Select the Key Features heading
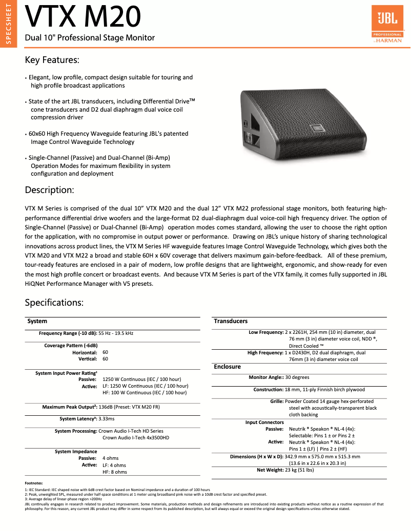tap(52, 60)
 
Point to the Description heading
tap(50, 190)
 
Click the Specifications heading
tap(54, 303)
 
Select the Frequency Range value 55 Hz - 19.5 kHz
tap(116, 333)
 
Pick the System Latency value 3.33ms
tap(107, 419)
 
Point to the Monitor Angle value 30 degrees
tap(297, 377)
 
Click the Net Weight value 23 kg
tap(299, 470)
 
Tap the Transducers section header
tap(231, 321)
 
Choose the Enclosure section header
tap(227, 367)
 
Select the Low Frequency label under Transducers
tap(266, 332)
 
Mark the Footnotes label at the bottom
tap(34, 483)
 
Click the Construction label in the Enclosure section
tap(268, 390)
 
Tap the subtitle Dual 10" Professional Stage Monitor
tap(90, 38)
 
